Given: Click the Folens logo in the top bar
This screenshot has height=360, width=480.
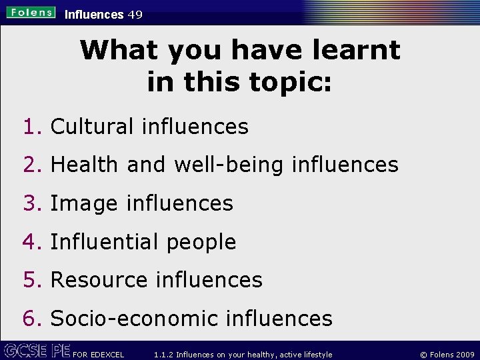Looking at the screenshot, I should coord(31,13).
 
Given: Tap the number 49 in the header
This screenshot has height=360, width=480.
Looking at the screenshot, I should coord(135,14).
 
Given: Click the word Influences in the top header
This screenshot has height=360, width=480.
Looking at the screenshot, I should coord(94,14).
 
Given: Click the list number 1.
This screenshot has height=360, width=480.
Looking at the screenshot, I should coord(31,127).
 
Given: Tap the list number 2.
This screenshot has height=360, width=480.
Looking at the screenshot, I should coord(31,165).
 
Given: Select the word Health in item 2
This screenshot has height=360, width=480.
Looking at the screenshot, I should coord(84,165).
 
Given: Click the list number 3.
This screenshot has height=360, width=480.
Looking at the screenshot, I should coord(31,203).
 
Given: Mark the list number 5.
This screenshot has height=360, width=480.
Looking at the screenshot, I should coord(31,280).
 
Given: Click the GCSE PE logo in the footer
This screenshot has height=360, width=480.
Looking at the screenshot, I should coord(36,350).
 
